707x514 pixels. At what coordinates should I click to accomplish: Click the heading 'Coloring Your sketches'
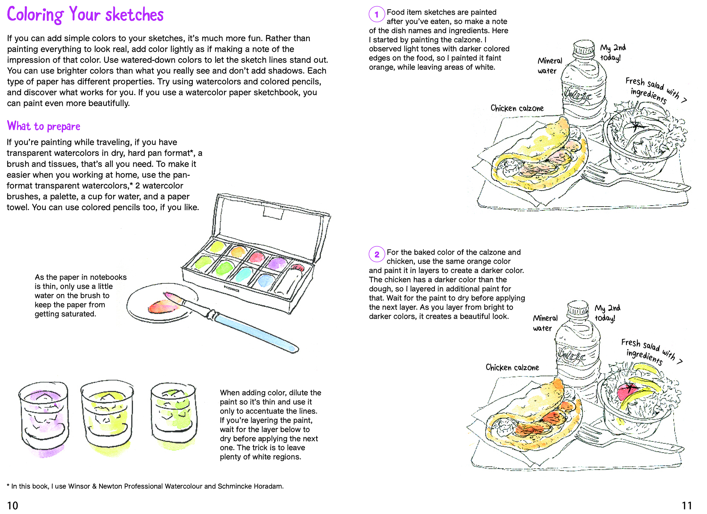coord(85,14)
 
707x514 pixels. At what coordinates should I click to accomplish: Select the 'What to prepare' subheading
coord(44,126)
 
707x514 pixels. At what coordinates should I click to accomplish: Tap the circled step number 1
coord(377,14)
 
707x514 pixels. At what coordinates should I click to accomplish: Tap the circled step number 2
coord(377,255)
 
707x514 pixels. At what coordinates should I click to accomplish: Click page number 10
coord(13,506)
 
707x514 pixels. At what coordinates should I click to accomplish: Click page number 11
coord(687,506)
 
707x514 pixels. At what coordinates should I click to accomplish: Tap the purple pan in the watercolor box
coord(276,264)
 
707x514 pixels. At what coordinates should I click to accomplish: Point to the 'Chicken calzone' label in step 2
coord(512,368)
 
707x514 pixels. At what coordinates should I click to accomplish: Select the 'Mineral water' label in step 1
coord(550,66)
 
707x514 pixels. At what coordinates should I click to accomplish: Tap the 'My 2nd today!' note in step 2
coord(607,313)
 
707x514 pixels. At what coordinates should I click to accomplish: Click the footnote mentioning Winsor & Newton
coord(145,486)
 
